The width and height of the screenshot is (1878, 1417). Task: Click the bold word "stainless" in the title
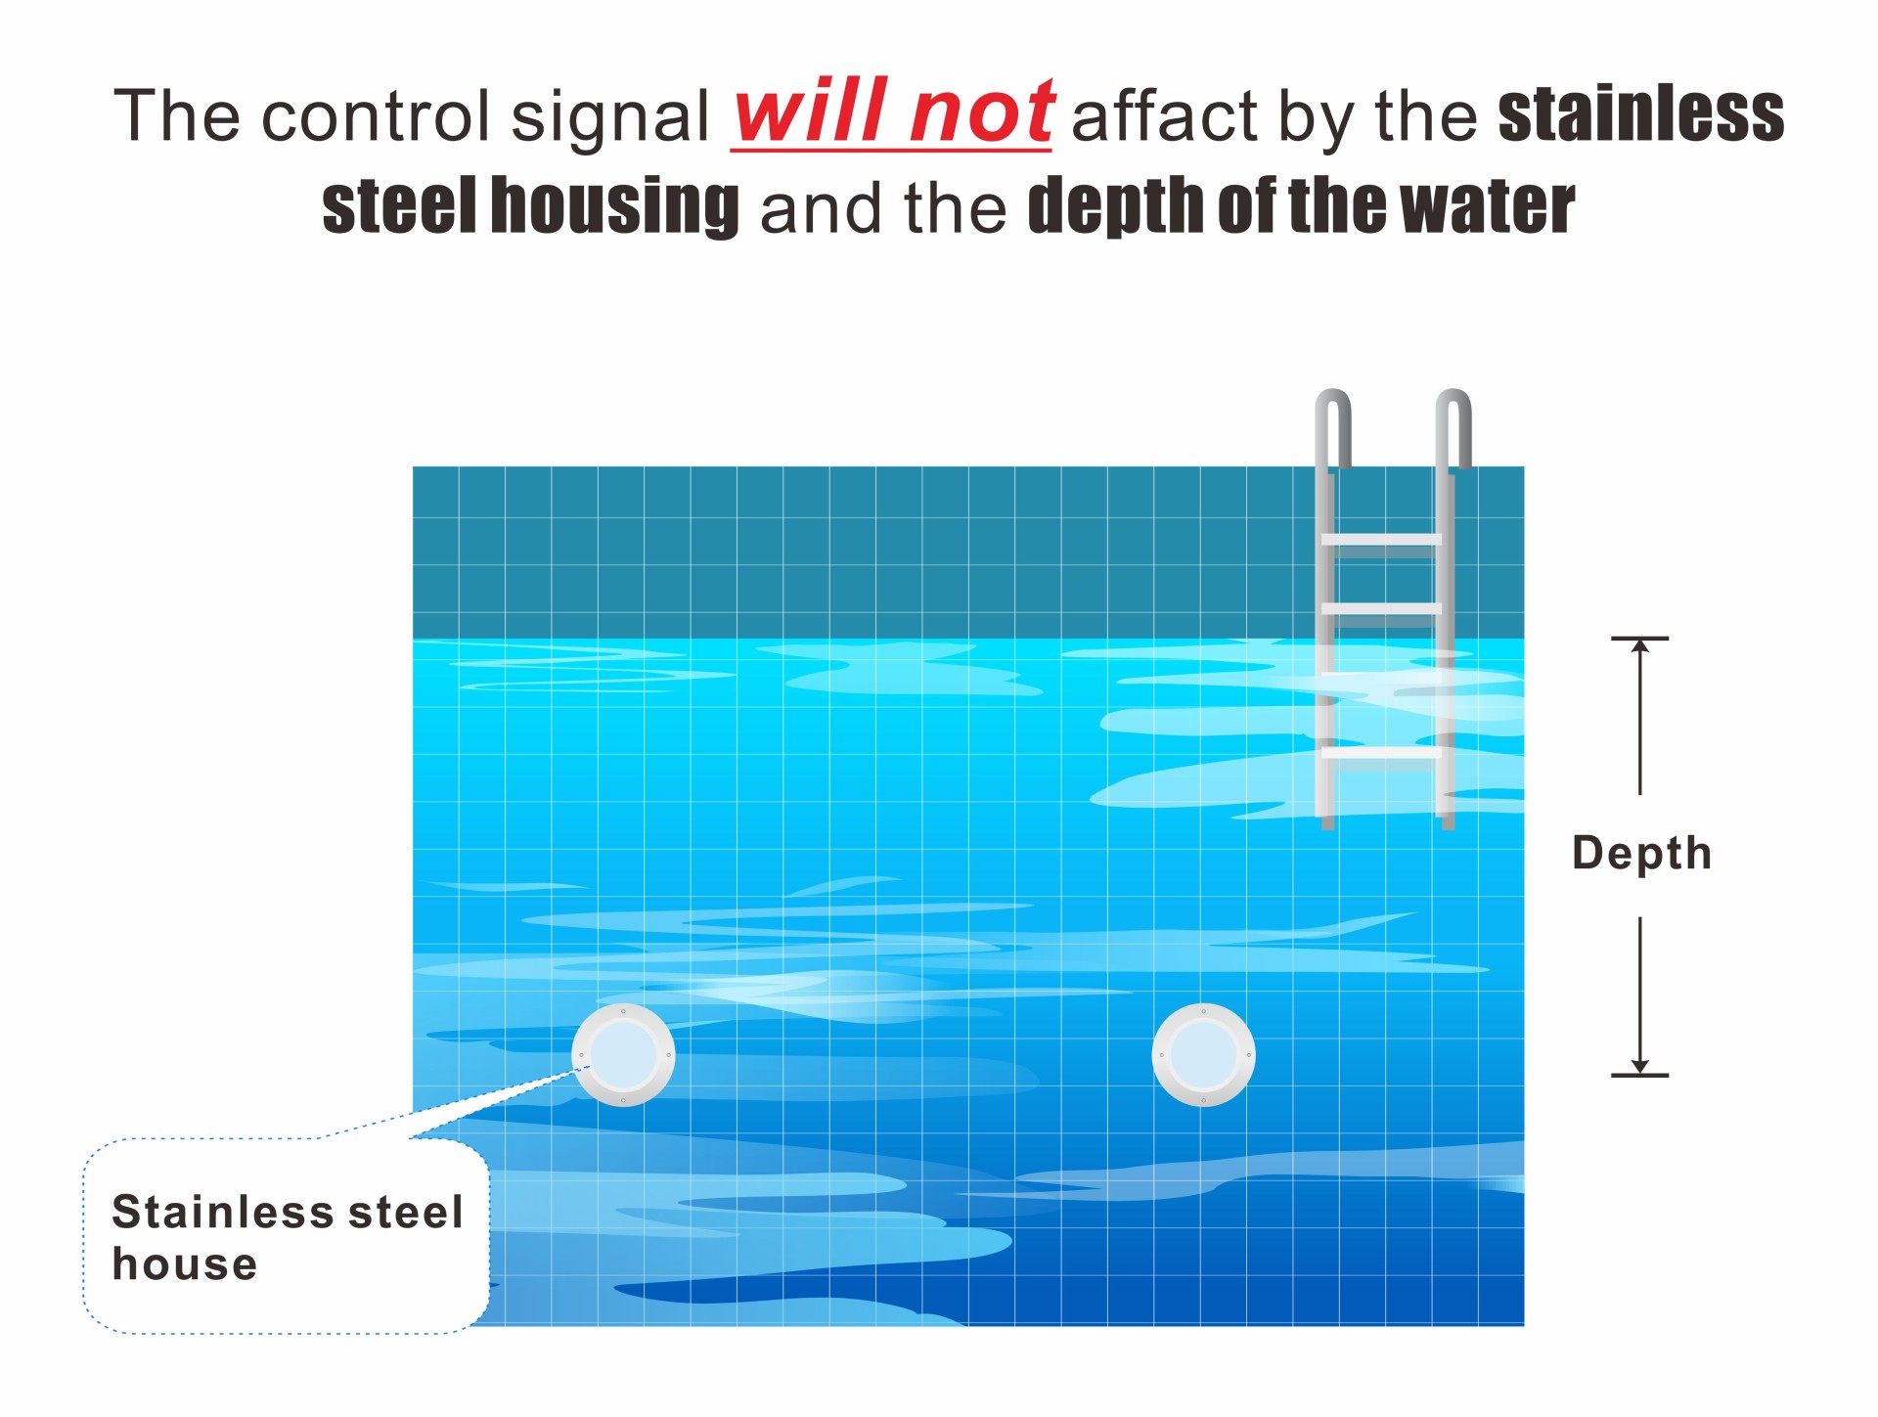coord(1641,114)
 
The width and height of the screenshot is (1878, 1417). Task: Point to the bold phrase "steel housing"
coord(530,206)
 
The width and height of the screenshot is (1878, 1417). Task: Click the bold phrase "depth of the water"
coord(1301,206)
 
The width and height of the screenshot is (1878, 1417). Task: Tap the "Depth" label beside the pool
coord(1641,853)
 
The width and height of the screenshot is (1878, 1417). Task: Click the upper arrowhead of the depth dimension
coord(1640,645)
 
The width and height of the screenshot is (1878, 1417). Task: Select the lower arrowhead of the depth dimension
coord(1640,1067)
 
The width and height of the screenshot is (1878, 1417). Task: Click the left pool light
coord(623,1055)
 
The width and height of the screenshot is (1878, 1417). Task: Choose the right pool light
coord(1203,1055)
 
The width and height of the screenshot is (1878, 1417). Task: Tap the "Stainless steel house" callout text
coord(287,1237)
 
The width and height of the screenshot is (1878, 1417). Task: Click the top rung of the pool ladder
coord(1381,539)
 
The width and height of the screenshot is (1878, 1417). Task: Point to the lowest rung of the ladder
coord(1381,752)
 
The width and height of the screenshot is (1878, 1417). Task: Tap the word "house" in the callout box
coord(185,1263)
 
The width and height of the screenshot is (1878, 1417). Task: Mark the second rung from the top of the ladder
coord(1381,608)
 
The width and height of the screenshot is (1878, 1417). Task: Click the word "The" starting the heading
coord(177,115)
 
